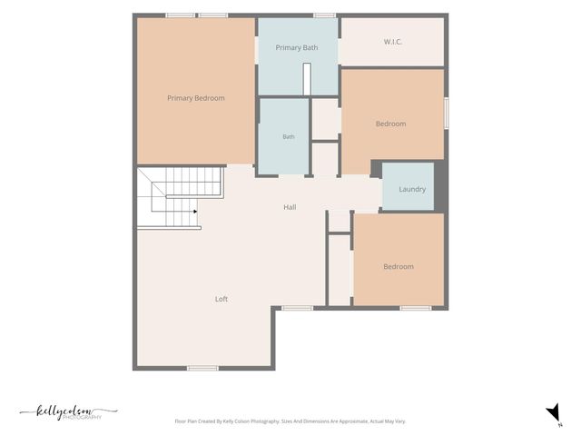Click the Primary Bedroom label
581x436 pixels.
pos(196,98)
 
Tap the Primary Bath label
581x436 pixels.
pos(297,47)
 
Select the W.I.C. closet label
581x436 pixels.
pos(393,42)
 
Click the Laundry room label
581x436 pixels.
pos(412,189)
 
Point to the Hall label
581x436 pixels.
pos(290,207)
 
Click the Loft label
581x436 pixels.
pos(222,299)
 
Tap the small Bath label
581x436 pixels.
pos(289,137)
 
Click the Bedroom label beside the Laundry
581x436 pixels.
pos(391,124)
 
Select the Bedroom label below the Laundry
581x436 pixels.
pos(399,266)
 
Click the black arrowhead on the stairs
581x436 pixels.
pos(195,212)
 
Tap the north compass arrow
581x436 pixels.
pos(554,412)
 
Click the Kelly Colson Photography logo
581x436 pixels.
pos(69,412)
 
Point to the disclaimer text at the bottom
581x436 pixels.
pos(290,421)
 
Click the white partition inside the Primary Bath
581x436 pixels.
pos(307,79)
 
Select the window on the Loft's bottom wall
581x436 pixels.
pos(202,368)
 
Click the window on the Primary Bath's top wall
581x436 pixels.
pos(325,15)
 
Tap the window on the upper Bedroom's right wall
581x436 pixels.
pos(447,113)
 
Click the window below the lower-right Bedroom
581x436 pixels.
pos(416,308)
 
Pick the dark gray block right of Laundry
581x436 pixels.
pos(441,186)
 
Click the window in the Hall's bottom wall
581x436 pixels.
pos(297,308)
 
